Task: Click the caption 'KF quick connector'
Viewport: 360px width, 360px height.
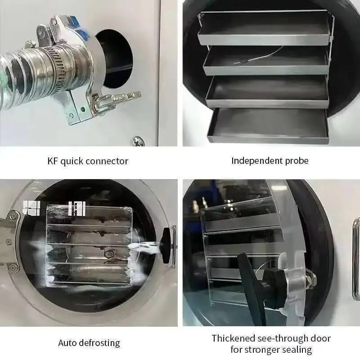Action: coord(88,161)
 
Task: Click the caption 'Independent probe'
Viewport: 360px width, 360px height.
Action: coord(270,161)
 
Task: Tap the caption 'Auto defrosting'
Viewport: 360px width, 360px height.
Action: coord(89,343)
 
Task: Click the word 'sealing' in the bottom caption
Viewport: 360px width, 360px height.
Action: coord(297,350)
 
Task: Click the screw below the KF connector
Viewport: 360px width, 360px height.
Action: coord(137,141)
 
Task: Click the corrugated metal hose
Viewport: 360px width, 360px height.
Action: coord(18,72)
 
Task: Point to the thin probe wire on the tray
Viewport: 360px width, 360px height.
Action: coord(261,56)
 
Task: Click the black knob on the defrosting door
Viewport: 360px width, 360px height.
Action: coord(166,245)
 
